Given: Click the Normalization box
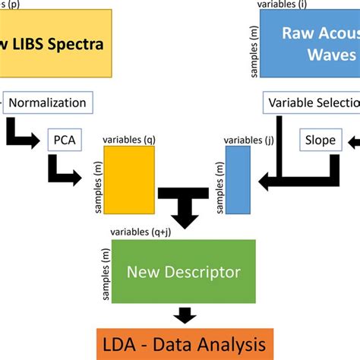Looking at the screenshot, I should coord(49,101).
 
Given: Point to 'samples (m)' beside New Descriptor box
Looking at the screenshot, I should coord(101,271).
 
